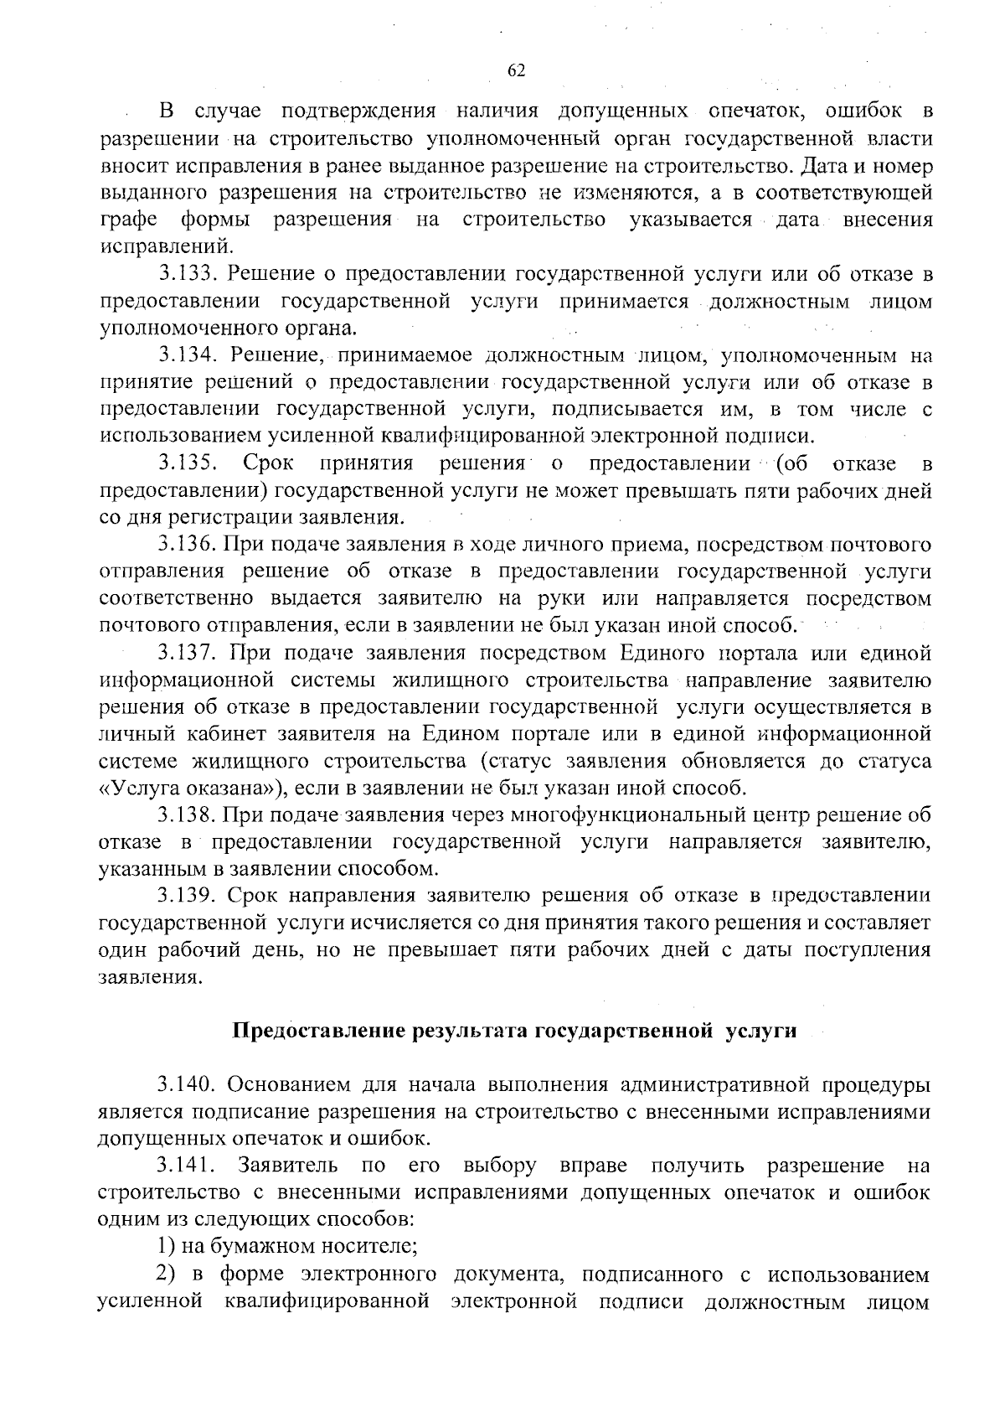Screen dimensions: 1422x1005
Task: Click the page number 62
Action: coord(516,70)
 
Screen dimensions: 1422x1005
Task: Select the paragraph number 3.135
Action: coord(188,463)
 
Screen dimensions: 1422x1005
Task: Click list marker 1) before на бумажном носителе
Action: coord(167,1247)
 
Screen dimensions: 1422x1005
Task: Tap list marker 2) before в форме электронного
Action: coord(167,1275)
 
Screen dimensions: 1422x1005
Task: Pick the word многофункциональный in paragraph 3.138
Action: coord(598,815)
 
